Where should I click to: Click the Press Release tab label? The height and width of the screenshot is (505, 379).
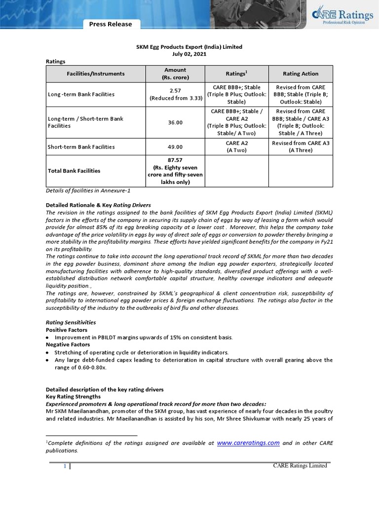[x=111, y=24]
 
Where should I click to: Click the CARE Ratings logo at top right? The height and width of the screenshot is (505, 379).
[x=340, y=17]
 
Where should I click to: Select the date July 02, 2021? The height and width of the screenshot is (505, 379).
[x=189, y=54]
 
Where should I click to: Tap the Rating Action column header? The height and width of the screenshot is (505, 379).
[x=301, y=74]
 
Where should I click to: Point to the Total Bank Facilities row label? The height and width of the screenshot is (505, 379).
[x=74, y=171]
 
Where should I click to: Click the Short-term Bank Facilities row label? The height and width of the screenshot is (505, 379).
[x=81, y=147]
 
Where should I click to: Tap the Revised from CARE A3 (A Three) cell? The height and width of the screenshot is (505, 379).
[x=301, y=147]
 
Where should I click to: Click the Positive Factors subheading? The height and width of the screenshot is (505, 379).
[x=67, y=329]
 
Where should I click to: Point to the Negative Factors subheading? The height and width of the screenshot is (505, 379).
[x=68, y=344]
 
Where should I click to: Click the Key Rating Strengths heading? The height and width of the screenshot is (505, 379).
[x=73, y=397]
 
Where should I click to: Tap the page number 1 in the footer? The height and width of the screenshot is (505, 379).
[x=65, y=466]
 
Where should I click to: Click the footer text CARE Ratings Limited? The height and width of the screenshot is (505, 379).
[x=300, y=466]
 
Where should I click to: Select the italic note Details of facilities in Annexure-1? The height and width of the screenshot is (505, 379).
[x=88, y=190]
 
